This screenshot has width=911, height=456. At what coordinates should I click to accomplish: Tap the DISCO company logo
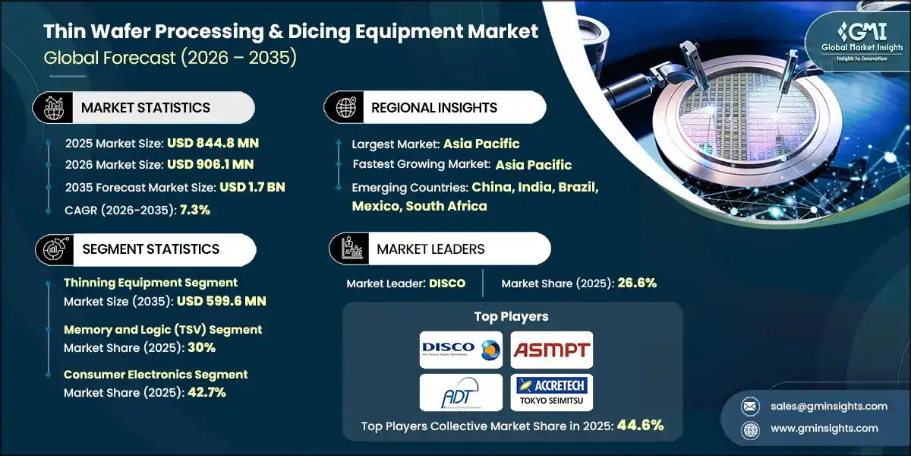point(461,350)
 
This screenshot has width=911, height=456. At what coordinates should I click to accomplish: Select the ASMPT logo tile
point(551,350)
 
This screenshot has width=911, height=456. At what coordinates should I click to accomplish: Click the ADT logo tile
point(461,392)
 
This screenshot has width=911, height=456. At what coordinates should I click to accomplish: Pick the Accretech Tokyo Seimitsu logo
point(551,392)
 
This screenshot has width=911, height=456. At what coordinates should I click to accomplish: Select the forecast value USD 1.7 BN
point(252,187)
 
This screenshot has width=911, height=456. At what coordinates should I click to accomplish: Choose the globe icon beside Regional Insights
point(346,107)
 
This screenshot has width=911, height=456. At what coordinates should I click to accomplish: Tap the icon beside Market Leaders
point(351,249)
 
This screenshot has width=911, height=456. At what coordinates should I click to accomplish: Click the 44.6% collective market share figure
point(641,425)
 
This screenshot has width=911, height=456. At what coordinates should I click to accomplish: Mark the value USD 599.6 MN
point(222,301)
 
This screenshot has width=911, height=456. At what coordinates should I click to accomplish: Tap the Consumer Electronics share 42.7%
point(201,392)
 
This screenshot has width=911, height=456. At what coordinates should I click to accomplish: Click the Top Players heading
point(512,315)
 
